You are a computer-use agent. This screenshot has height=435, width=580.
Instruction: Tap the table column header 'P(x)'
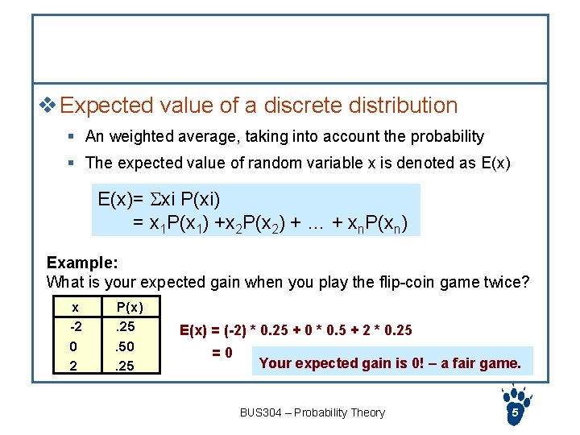[129, 307]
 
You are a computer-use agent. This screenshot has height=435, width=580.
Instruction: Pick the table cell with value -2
[74, 326]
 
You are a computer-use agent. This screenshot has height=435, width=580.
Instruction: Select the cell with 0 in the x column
[74, 346]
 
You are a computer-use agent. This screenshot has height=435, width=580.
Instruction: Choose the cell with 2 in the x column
[74, 366]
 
